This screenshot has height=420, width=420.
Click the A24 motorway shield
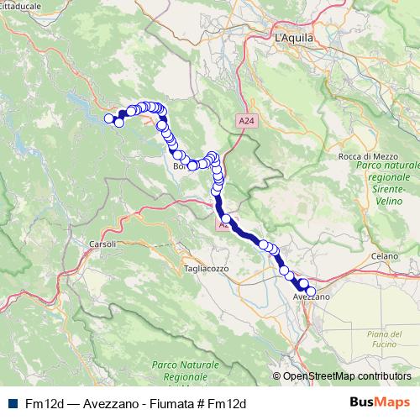click(244, 122)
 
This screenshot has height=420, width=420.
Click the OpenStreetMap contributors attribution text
click(347, 376)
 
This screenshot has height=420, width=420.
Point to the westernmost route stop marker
click(108, 118)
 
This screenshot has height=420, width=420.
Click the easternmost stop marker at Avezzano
click(311, 291)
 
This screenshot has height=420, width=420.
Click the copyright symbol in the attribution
click(277, 376)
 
